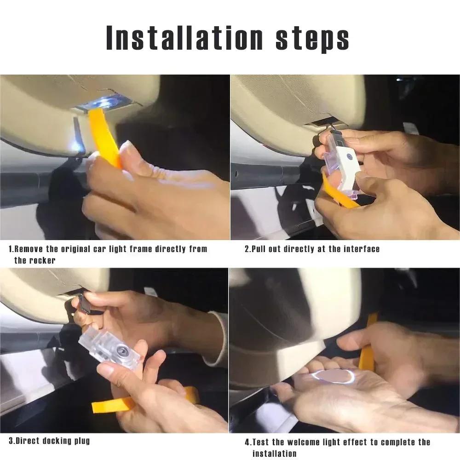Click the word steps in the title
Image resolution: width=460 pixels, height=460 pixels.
coord(312,39)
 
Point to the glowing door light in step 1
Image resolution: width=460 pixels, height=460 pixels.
coord(103,102)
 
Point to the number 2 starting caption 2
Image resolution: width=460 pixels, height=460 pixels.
coord(247,249)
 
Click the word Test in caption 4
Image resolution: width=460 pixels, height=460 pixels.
coord(261,443)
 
